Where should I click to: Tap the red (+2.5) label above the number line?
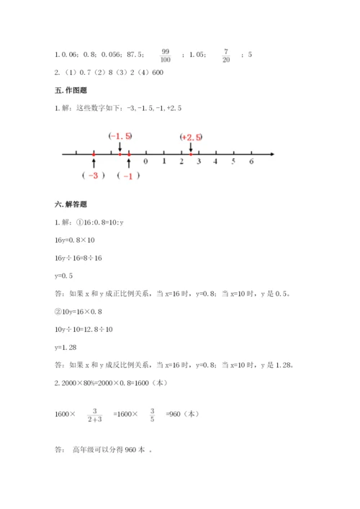(192, 137)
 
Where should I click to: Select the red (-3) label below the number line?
(94, 176)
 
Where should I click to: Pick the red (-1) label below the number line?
(128, 176)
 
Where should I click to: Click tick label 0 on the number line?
(146, 162)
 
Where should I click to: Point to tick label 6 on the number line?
(251, 162)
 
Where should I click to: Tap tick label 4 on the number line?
(216, 162)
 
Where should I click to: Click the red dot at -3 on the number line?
(94, 153)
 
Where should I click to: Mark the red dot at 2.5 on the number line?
(190, 153)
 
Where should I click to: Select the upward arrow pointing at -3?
(94, 163)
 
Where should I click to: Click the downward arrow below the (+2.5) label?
(190, 146)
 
